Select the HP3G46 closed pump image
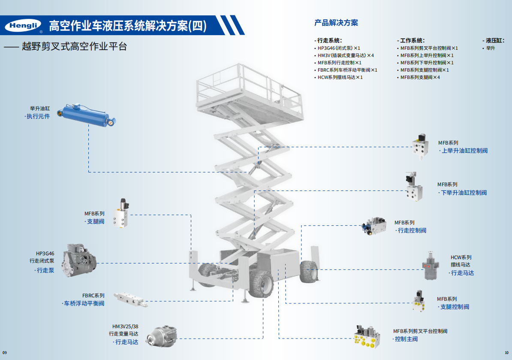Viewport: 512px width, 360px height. (x=79, y=260)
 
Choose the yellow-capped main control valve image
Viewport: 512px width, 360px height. (x=367, y=336)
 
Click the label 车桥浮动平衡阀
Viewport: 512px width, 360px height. (x=84, y=304)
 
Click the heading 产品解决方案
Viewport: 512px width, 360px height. (x=336, y=23)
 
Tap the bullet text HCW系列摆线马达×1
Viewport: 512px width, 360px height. (x=340, y=77)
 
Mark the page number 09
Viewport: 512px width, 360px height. (x=6, y=353)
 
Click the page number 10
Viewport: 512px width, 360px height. (x=506, y=353)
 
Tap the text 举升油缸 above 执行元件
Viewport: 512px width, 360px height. (x=40, y=109)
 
